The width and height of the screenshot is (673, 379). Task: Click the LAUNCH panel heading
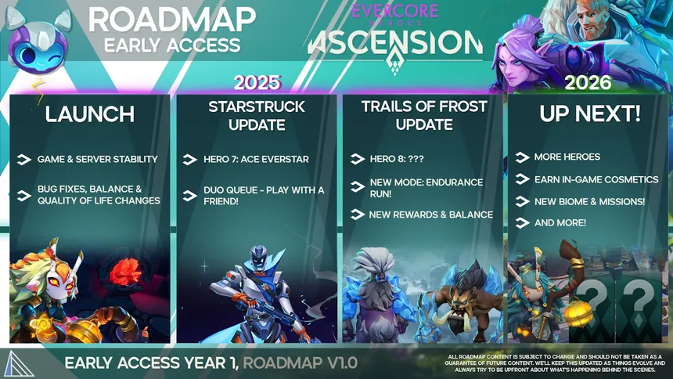90,114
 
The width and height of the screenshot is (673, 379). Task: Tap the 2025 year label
257,82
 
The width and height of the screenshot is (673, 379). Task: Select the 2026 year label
588,82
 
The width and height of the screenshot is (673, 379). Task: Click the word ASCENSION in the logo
395,43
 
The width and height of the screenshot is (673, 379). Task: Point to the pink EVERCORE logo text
395,11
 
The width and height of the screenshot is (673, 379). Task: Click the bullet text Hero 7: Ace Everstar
256,160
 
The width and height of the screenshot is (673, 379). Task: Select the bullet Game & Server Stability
98,160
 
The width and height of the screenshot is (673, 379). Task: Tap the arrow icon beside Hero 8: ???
357,159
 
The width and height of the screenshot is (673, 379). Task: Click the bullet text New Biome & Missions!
590,201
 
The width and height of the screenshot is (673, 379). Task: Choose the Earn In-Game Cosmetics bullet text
596,179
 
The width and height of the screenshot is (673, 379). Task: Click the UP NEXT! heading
590,114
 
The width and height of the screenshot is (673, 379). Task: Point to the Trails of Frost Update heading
424,115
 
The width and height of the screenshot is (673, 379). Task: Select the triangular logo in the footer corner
20,364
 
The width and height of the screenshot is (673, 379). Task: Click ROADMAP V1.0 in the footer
300,363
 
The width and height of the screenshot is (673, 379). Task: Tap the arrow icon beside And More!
522,222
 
